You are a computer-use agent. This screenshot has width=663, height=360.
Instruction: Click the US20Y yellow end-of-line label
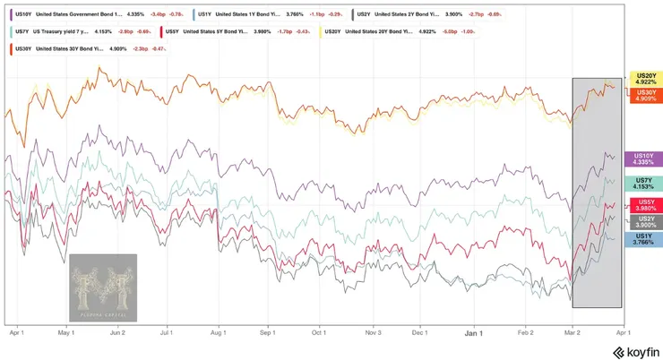(645, 79)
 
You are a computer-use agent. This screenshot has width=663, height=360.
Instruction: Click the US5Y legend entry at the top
(233, 31)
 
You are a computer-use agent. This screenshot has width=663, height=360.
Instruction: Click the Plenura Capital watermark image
(103, 287)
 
